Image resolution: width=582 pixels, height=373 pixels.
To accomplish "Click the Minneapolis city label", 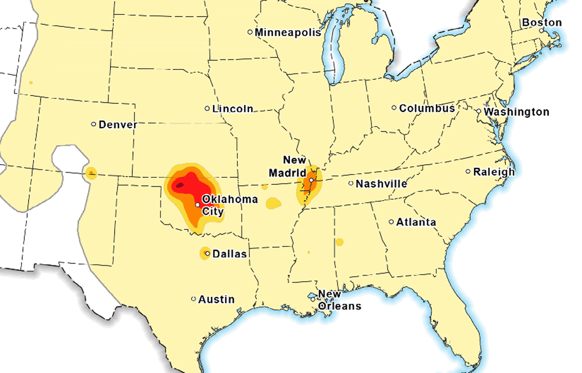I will (x=288, y=32).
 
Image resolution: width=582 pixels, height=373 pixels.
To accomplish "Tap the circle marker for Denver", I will (x=94, y=124).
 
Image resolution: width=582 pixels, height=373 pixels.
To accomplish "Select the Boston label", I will (x=542, y=22).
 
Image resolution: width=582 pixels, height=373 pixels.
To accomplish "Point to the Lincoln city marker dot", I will (x=207, y=109).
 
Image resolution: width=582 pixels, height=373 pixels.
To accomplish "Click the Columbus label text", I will (x=427, y=108).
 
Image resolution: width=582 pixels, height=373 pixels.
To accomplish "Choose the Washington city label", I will (x=517, y=112).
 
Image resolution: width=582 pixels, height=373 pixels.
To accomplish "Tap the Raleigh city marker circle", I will (x=468, y=171).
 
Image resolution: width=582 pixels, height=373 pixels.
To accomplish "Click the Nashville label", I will (x=381, y=184).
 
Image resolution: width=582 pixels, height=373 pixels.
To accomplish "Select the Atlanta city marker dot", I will (x=391, y=222).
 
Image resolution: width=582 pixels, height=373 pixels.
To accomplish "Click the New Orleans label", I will (x=339, y=300).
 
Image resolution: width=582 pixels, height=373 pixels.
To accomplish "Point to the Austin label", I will (x=216, y=299).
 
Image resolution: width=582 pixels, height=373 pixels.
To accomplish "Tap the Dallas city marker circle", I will (x=208, y=254).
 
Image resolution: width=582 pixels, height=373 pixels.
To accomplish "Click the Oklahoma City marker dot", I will (x=198, y=205).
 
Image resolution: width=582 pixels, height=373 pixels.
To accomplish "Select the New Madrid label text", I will (x=289, y=166).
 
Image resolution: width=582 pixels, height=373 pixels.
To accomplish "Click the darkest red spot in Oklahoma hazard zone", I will (x=179, y=185).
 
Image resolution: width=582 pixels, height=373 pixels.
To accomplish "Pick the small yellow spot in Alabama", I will (x=339, y=242).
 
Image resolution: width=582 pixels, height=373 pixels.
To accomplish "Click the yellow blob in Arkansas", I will (x=273, y=203).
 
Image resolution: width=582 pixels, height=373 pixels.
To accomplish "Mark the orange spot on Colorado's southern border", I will (x=91, y=173).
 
